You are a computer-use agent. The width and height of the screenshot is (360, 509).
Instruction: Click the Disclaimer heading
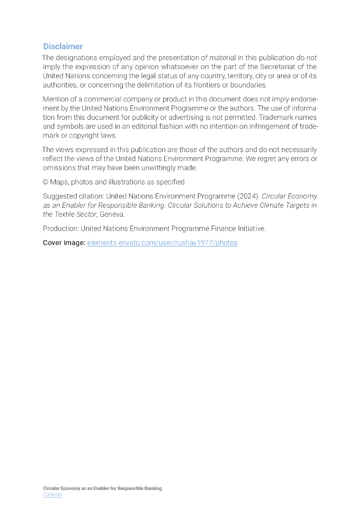click(x=63, y=46)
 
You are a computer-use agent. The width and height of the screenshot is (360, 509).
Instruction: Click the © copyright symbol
click(x=45, y=182)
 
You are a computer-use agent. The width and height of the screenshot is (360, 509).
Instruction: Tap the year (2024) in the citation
click(x=249, y=196)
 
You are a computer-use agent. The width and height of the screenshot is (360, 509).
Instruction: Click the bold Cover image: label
click(x=64, y=243)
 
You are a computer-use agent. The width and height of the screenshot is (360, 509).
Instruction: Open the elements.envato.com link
click(x=162, y=243)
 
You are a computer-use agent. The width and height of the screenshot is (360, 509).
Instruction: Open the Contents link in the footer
click(x=52, y=495)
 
